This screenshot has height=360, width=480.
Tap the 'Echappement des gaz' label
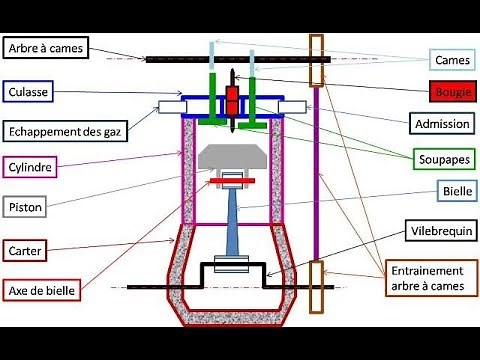[65, 130]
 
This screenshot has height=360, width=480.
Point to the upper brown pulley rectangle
[317, 60]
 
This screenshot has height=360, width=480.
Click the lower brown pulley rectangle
[317, 286]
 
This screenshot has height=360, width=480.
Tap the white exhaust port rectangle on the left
[169, 107]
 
